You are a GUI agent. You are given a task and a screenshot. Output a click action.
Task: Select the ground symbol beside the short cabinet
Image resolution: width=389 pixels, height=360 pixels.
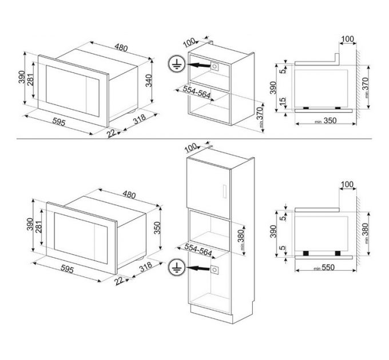[177, 65]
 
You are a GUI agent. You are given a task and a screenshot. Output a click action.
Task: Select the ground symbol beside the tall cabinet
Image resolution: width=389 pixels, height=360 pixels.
[177, 269]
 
